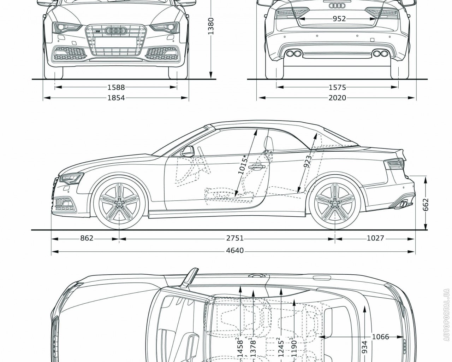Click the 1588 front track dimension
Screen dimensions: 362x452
[116, 87]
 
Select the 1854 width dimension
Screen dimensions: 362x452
[116, 98]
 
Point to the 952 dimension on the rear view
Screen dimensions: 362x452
[339, 19]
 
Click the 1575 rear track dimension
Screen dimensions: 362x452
[337, 87]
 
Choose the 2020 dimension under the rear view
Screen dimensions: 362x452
[337, 98]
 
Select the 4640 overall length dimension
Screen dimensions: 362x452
[235, 251]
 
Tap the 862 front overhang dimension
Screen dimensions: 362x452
[87, 239]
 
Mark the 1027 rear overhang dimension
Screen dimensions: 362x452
[375, 239]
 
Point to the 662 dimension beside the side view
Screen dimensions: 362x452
[426, 204]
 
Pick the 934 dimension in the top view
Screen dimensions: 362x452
[364, 348]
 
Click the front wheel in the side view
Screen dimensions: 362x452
[119, 203]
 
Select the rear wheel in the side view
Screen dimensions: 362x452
[334, 203]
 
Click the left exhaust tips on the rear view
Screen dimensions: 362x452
[294, 54]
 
